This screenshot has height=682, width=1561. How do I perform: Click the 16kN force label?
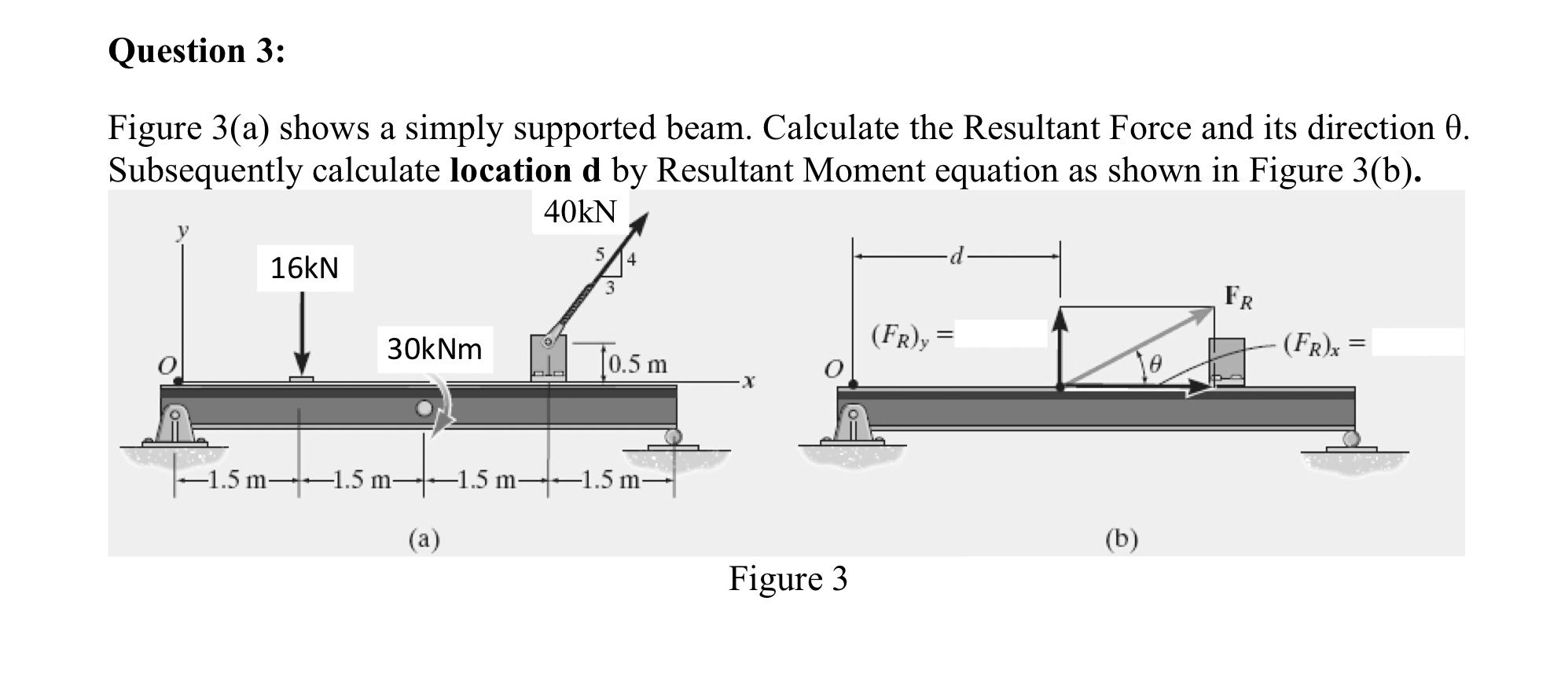[304, 269]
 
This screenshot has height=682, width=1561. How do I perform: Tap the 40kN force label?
[580, 211]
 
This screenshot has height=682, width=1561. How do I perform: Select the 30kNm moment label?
[435, 349]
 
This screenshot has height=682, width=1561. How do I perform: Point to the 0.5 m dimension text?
[637, 365]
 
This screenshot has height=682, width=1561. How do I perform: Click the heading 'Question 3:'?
[197, 51]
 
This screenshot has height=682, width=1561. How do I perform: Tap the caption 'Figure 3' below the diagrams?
[788, 579]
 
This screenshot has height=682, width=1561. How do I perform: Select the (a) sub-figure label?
[424, 539]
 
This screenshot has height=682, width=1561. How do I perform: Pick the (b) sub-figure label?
[1121, 539]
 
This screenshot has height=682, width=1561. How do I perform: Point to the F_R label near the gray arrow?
[1240, 298]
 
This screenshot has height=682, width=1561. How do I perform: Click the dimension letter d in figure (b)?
[957, 256]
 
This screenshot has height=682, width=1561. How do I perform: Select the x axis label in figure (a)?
[748, 383]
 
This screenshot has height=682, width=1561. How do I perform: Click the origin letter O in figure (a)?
[167, 366]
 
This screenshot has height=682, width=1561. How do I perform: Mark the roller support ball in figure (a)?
[673, 436]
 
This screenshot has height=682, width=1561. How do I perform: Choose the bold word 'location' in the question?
[511, 170]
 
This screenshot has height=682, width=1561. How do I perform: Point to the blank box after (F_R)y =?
[1001, 334]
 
